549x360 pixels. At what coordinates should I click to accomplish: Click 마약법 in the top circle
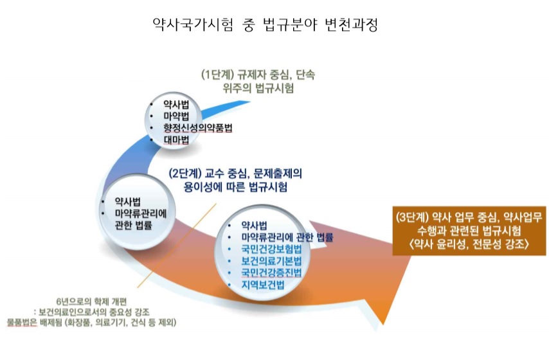pos(175,116)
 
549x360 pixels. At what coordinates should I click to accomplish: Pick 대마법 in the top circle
pos(175,139)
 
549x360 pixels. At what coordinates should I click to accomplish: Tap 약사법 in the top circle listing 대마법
pos(175,104)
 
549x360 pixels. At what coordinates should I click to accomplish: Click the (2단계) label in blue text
pos(185,174)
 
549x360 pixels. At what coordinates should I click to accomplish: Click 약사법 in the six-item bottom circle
pos(254,225)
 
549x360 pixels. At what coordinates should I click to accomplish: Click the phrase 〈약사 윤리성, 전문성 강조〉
pos(467,244)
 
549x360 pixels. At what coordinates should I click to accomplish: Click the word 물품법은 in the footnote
pos(22,321)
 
